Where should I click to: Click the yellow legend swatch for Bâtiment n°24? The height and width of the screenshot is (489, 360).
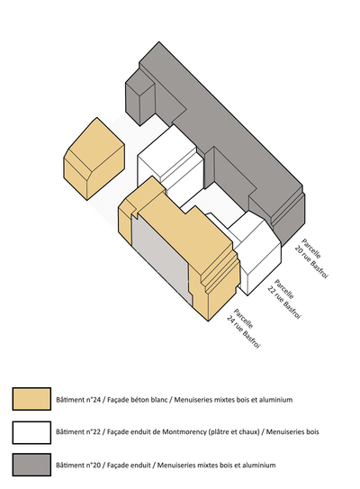31,399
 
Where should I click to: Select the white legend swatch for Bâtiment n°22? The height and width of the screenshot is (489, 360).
31,432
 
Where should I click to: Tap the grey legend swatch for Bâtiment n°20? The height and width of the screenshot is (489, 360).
31,465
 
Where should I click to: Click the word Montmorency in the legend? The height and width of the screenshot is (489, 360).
183,432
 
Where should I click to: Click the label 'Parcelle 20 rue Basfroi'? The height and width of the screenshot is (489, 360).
311,258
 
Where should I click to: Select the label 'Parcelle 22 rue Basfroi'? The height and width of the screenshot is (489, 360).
284,299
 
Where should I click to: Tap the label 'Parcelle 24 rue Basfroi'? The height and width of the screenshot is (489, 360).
243,329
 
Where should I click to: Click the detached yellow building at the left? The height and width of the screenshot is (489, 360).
94,158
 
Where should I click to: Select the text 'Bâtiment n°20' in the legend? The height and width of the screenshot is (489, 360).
78,465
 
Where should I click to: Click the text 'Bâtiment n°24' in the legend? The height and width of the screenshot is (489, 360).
78,400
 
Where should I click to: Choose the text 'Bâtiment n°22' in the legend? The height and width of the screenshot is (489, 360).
78,432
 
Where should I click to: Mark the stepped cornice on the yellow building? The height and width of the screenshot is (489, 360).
219,269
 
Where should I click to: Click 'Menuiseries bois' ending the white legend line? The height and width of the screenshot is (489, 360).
292,432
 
